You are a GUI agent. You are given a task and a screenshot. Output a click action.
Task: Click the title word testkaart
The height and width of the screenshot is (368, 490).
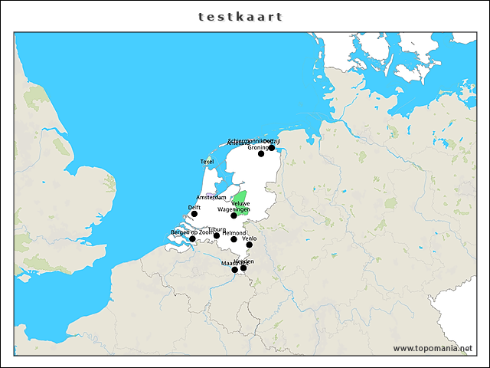pos(240,16)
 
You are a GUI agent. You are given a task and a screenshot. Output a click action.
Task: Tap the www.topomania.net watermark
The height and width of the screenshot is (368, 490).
pos(432,348)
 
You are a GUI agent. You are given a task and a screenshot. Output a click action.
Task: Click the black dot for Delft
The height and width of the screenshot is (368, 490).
pos(194,214)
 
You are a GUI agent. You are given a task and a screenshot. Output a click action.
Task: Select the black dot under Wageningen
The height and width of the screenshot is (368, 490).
pos(234,216)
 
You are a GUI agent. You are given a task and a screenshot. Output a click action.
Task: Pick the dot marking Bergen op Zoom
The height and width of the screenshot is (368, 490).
pos(192,239)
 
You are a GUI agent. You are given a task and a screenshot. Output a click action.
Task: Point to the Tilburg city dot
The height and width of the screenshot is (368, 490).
pos(217,235)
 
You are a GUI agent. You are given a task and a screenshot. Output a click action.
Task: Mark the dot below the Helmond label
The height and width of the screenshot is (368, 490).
pos(234,239)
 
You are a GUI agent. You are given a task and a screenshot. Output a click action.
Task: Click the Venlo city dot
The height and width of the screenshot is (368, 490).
pos(250,245)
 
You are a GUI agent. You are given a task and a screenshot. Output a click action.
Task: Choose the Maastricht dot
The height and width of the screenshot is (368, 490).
pos(235,270)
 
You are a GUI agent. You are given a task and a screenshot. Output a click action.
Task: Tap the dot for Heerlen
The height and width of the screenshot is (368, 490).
pos(243,268)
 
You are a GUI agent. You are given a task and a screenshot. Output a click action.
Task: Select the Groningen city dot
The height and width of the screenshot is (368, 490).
pos(261,154)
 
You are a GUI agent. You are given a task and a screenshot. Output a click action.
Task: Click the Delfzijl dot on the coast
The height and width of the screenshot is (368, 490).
pos(272,148)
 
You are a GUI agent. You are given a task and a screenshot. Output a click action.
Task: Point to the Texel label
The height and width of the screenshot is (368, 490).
pos(207,162)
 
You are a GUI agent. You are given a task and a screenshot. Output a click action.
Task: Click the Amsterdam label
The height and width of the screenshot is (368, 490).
pos(211,198)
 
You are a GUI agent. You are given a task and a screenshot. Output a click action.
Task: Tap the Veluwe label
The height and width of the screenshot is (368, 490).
pos(240,203)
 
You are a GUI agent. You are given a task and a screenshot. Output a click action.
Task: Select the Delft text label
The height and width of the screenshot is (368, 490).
pos(194,207)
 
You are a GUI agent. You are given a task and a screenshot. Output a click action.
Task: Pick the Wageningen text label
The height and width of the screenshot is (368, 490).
pos(234,209)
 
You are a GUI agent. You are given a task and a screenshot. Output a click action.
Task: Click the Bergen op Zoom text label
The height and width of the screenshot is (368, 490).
pos(191,232)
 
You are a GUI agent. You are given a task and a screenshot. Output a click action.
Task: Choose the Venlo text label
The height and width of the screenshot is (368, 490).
pos(249,238)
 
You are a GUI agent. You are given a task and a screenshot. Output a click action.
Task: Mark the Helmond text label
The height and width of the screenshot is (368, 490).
pos(234,232)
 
